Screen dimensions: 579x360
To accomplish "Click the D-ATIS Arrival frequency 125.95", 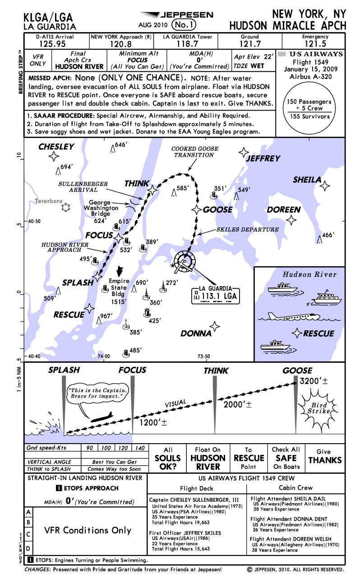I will [55, 44].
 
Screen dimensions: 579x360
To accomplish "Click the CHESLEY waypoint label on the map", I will [56, 147].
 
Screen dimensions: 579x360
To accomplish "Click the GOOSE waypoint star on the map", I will [197, 209].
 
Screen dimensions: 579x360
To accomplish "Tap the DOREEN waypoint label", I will [283, 210].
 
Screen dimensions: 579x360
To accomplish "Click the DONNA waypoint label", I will [196, 334].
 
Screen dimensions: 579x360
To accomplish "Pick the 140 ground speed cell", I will [140, 448].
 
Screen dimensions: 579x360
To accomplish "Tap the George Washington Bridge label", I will [103, 208].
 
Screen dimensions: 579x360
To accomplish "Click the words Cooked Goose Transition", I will [194, 152].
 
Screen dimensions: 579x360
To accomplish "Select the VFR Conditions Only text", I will [88, 530].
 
